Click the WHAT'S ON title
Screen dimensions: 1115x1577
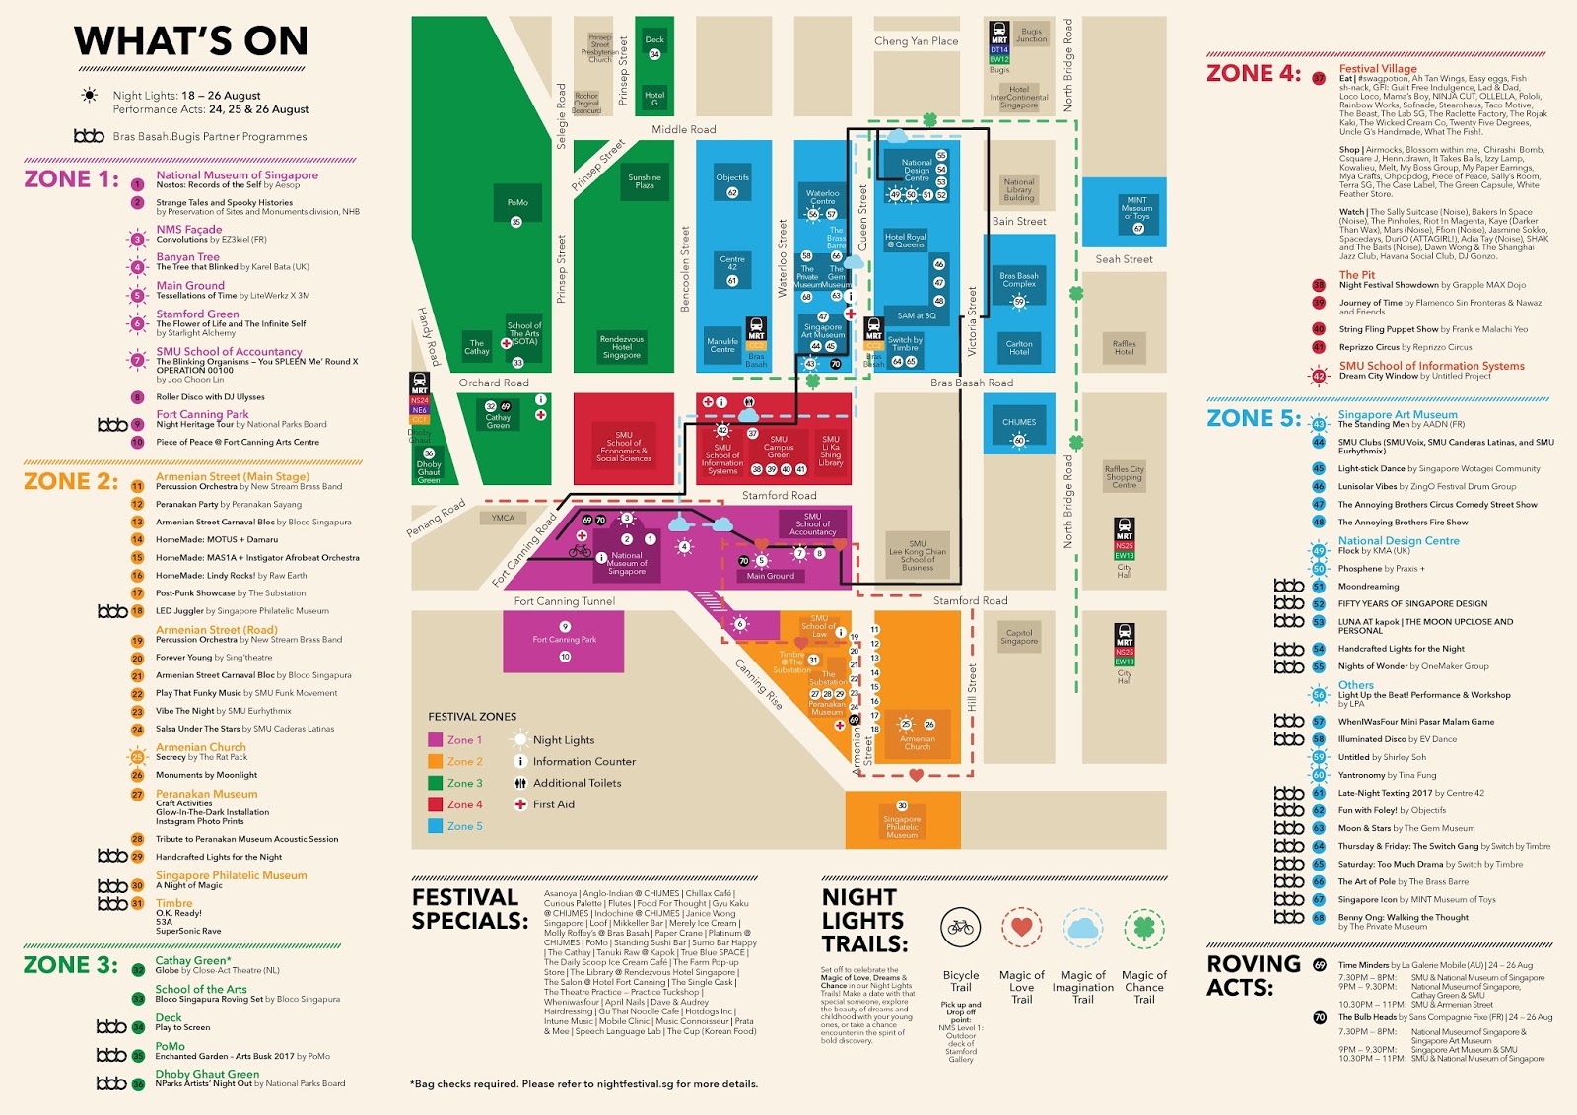190,41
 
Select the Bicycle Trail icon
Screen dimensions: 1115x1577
960,928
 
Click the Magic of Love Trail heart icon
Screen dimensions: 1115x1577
1021,928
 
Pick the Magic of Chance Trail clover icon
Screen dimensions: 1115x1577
1143,928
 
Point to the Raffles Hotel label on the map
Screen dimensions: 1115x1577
1124,348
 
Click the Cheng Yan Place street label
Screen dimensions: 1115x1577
916,41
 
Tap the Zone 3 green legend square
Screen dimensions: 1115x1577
435,783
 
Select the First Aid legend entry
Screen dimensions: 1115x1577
553,804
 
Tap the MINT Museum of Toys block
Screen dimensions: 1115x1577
1136,211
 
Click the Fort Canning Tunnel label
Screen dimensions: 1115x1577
564,601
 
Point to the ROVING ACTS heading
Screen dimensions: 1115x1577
1254,975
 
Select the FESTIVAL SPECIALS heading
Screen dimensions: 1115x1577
469,909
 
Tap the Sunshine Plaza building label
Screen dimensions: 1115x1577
645,181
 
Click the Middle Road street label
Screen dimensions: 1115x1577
683,130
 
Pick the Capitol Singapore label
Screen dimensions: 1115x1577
1019,637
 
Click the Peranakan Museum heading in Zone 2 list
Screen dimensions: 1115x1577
206,794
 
